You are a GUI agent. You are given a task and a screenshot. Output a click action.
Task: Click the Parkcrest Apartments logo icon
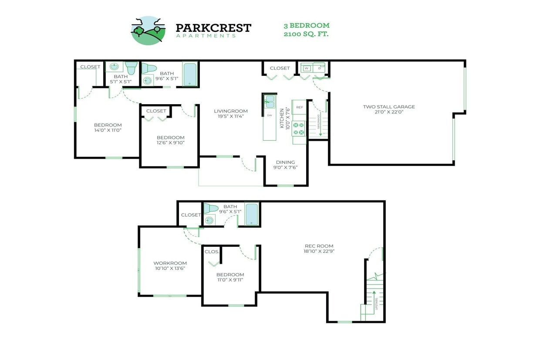click(148, 30)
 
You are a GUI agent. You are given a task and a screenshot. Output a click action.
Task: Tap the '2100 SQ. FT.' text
click(306, 34)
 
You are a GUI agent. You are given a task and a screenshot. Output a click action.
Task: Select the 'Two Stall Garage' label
click(389, 107)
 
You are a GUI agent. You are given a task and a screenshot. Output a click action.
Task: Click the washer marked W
click(307, 68)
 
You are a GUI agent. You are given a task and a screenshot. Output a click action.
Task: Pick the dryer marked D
click(319, 68)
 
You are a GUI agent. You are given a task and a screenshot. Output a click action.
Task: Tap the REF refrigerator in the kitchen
click(299, 107)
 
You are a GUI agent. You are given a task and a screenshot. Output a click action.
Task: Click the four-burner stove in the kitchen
click(299, 128)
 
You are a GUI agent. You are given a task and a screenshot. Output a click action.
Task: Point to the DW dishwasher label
click(269, 115)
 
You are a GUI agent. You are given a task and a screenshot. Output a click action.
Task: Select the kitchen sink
click(270, 102)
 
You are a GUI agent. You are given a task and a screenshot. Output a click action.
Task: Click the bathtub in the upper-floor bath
click(189, 75)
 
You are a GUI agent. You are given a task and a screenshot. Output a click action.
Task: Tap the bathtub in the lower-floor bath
click(251, 214)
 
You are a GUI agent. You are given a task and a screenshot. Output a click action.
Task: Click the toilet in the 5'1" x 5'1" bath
click(131, 68)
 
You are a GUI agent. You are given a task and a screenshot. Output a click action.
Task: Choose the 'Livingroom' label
click(231, 111)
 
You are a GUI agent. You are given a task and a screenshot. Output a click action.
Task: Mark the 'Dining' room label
click(285, 162)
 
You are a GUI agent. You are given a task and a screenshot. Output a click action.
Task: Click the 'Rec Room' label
click(319, 246)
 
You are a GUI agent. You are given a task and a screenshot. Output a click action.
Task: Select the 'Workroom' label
click(170, 263)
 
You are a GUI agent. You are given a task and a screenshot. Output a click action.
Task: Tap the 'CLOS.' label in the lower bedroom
click(212, 251)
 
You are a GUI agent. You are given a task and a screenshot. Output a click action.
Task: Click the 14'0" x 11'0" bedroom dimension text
click(108, 130)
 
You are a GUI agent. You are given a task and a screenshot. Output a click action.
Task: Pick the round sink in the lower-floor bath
click(209, 220)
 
